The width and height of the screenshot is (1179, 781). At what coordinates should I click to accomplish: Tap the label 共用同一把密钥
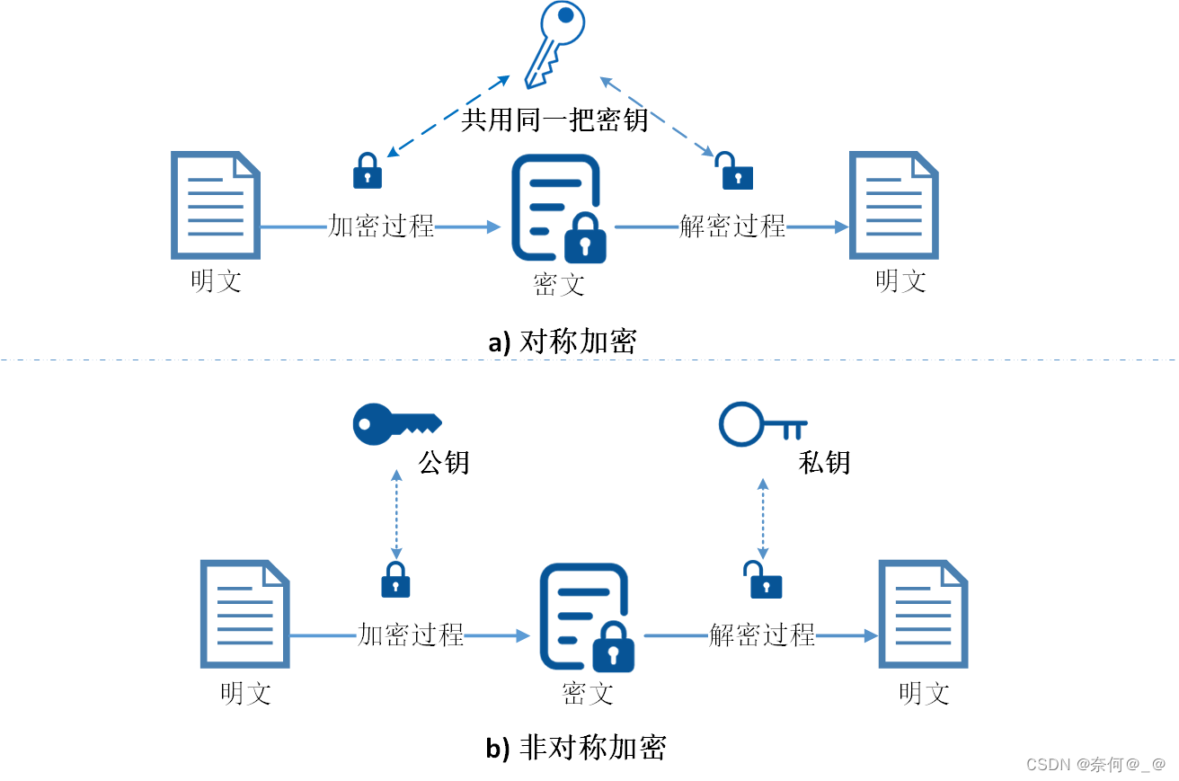click(554, 120)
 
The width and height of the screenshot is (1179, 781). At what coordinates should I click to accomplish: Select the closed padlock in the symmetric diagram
click(368, 171)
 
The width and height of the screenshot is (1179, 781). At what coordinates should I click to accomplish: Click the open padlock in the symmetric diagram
click(736, 171)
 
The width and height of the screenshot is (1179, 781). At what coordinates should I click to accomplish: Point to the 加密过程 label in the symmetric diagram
click(382, 226)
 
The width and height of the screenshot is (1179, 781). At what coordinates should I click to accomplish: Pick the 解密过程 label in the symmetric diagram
click(732, 226)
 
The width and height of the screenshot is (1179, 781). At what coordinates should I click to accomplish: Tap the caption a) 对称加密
click(563, 342)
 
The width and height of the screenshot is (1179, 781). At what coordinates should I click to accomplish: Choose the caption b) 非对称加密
click(576, 748)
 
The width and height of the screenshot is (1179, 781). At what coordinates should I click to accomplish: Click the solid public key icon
click(396, 424)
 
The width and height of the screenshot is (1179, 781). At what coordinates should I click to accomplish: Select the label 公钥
click(444, 463)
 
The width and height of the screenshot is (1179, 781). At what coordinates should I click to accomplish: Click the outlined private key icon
click(762, 424)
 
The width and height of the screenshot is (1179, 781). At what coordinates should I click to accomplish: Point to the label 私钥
click(824, 463)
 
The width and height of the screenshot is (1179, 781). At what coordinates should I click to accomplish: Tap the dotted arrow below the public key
click(395, 514)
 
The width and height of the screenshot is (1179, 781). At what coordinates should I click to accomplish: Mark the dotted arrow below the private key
click(763, 519)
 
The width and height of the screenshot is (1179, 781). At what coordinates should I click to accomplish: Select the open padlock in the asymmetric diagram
click(764, 581)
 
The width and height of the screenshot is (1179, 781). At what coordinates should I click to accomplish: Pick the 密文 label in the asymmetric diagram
click(588, 694)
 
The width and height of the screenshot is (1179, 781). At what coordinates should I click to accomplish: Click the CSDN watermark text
click(1095, 765)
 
